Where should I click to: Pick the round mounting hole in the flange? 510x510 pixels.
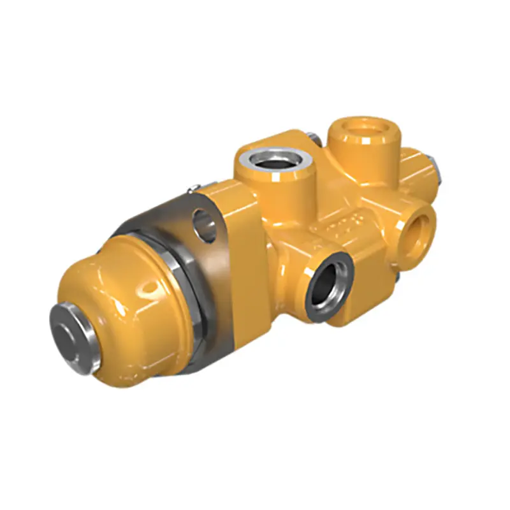(x=205, y=225)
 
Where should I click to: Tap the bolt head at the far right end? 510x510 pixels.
(x=438, y=167)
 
